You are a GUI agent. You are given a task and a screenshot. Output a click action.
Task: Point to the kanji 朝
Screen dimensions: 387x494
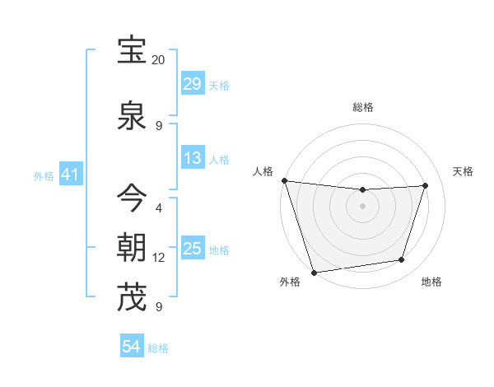pyautogui.click(x=132, y=247)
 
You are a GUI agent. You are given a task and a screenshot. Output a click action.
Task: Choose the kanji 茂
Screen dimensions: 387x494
pyautogui.click(x=132, y=297)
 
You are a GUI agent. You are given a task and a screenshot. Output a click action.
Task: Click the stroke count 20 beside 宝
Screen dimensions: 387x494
pyautogui.click(x=159, y=60)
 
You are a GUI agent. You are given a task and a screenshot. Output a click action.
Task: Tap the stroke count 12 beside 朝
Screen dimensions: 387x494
pyautogui.click(x=159, y=258)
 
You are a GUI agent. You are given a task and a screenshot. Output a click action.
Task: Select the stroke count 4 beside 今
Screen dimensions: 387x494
pyautogui.click(x=159, y=208)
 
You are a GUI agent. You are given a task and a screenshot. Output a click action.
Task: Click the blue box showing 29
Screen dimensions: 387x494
pyautogui.click(x=192, y=84)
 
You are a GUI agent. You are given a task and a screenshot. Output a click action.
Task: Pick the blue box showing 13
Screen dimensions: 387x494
pyautogui.click(x=192, y=158)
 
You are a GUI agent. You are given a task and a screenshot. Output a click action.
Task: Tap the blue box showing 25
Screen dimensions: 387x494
pyautogui.click(x=192, y=249)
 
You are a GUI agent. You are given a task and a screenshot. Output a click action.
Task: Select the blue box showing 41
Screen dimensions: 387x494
pyautogui.click(x=69, y=175)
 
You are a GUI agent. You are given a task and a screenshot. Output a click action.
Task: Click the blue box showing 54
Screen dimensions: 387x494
pyautogui.click(x=131, y=347)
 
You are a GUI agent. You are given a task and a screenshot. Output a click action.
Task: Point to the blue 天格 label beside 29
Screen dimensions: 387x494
pyautogui.click(x=219, y=85)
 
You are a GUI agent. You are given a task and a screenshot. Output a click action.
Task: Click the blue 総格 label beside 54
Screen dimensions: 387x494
pyautogui.click(x=158, y=348)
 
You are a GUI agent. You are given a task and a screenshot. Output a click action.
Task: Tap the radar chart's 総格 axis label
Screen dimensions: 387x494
pyautogui.click(x=362, y=107)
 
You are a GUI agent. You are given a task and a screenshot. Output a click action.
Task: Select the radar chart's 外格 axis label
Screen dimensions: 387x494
pyautogui.click(x=290, y=282)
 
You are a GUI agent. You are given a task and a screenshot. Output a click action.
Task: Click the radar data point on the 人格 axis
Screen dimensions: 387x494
pyautogui.click(x=284, y=180)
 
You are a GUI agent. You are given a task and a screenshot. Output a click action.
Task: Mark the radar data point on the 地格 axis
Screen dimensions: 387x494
pyautogui.click(x=402, y=260)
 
